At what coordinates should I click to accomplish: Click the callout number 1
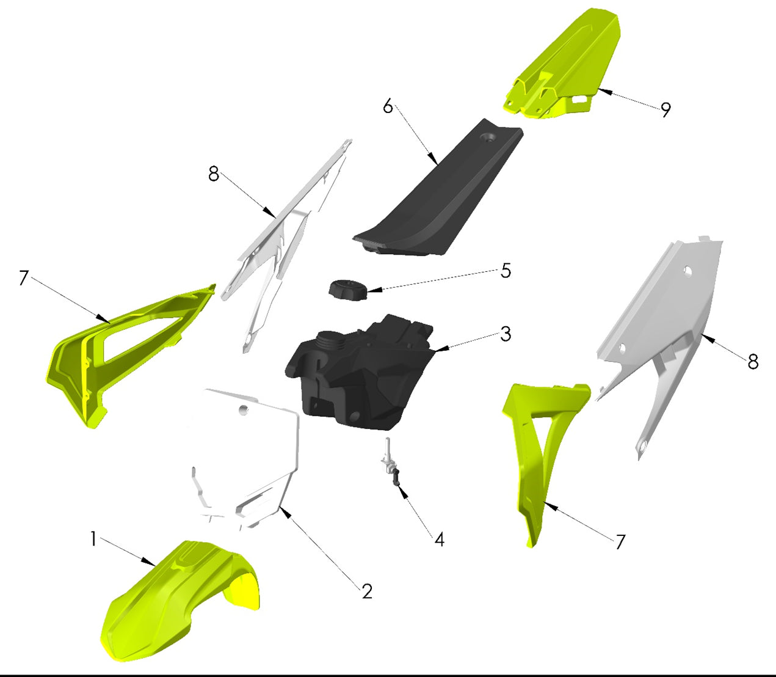(x=93, y=539)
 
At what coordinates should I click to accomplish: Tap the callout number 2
(x=366, y=591)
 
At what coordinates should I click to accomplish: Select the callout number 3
(x=505, y=334)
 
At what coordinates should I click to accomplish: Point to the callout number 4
(x=439, y=540)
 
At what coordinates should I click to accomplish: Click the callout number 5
(x=506, y=271)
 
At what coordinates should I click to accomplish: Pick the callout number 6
(x=388, y=106)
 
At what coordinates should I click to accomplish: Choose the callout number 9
(x=665, y=109)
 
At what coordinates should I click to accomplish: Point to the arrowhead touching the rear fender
(x=600, y=91)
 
